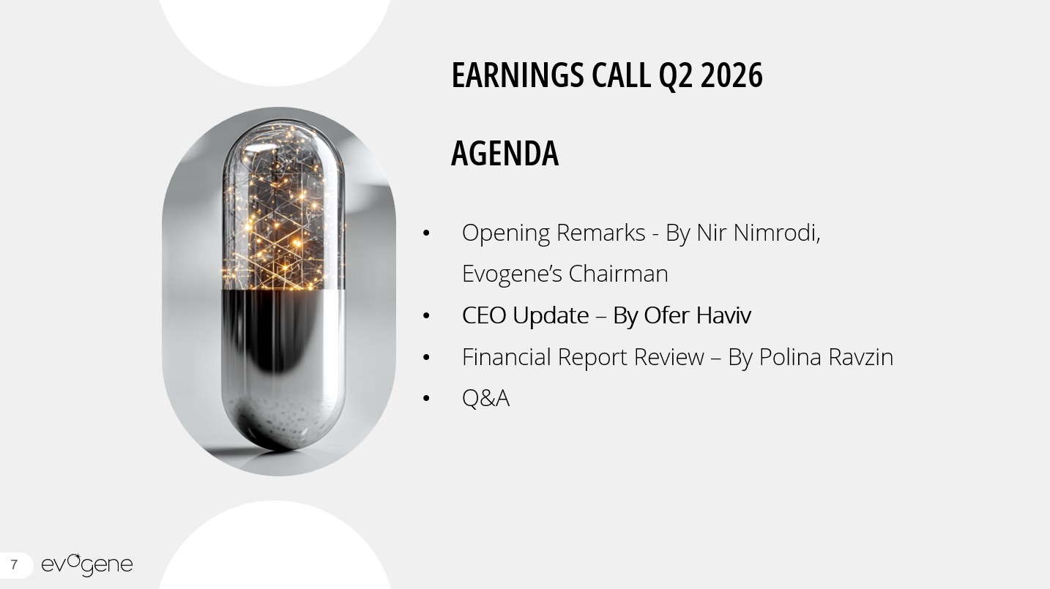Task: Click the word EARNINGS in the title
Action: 518,75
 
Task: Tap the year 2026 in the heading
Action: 731,75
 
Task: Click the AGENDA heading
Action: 504,153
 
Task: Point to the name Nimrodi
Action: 777,233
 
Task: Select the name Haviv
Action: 723,315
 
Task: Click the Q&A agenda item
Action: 485,398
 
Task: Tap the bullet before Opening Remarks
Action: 426,233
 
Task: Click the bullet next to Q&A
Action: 426,399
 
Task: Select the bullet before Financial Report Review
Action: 426,358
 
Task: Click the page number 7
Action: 14,565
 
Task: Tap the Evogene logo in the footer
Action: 87,565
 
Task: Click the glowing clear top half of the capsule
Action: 283,206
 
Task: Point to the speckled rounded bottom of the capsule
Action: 283,421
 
